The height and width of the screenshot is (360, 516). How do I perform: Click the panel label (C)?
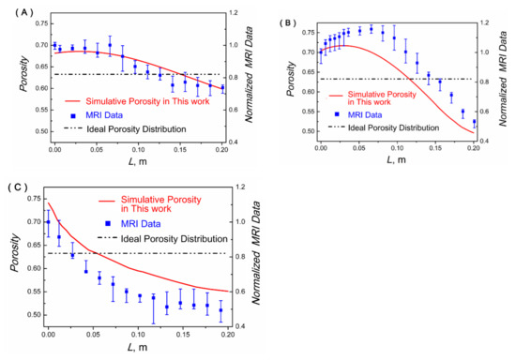(20, 187)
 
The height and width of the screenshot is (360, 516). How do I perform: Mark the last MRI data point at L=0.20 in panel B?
(474, 122)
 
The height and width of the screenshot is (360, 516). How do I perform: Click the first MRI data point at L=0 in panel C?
(48, 222)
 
